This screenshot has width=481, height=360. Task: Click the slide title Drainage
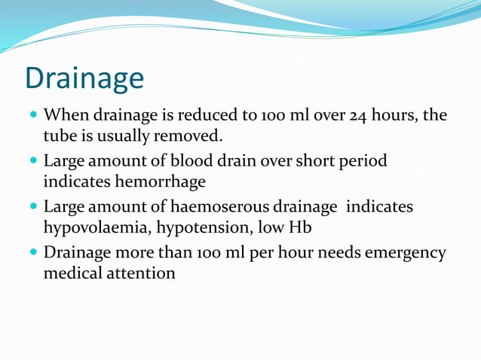click(84, 78)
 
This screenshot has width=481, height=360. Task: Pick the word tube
click(57, 136)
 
